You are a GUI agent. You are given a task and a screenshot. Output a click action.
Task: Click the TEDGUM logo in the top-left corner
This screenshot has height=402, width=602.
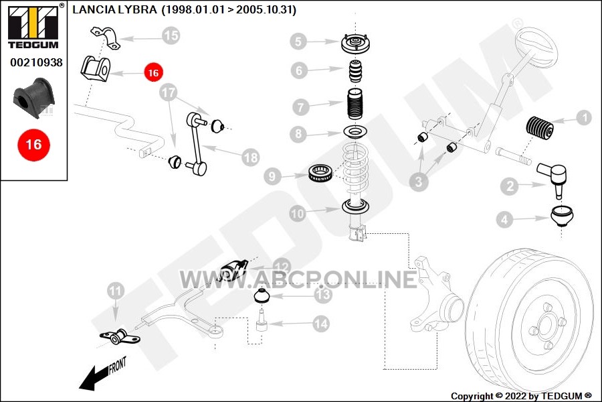tap(33, 26)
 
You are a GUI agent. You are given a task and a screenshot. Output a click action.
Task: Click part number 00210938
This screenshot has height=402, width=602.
tap(36, 62)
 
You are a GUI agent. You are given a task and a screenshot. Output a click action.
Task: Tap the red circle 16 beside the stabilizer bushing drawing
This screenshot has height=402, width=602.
tap(153, 72)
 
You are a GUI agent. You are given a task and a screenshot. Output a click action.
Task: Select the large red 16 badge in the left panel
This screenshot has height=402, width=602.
tap(34, 145)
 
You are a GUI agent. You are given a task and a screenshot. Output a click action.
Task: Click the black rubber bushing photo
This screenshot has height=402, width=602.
tap(34, 98)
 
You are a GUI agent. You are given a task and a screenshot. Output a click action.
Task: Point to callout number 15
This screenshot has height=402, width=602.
tap(171, 36)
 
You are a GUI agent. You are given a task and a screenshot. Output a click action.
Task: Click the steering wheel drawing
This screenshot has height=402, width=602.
tap(536, 44)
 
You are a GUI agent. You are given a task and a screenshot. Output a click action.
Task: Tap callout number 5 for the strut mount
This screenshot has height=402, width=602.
tap(298, 41)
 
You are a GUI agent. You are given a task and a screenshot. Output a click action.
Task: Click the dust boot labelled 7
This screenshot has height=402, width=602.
tap(355, 105)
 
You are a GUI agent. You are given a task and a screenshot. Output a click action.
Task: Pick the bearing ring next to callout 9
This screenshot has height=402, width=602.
tap(321, 173)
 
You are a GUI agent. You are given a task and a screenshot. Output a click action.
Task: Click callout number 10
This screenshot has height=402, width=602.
tap(298, 214)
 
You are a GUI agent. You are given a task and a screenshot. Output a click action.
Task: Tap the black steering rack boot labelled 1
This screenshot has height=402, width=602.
tap(539, 127)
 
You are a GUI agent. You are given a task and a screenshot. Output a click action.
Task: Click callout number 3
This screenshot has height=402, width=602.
tap(419, 182)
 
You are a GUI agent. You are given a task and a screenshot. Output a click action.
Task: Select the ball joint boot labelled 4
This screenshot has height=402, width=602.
tap(562, 216)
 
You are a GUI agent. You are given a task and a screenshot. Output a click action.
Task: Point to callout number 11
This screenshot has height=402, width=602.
tap(116, 291)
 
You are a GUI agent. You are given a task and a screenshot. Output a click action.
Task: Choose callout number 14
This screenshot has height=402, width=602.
tap(321, 324)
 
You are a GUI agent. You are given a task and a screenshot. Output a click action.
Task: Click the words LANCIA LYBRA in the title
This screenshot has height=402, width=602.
tap(114, 9)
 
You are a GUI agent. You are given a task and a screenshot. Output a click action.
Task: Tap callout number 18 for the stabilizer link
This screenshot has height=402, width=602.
tap(251, 157)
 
